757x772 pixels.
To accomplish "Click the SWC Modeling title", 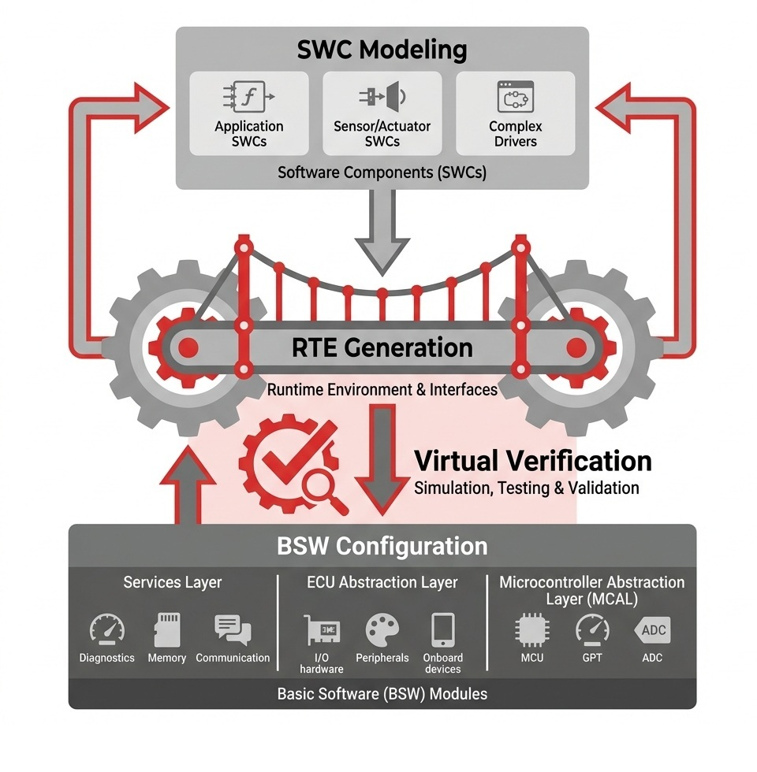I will [382, 50].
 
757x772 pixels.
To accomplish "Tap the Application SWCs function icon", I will [248, 97].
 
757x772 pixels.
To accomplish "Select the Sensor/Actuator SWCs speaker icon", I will [382, 97].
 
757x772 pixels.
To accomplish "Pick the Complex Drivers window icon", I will [516, 97].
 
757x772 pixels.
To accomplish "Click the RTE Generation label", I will [382, 347].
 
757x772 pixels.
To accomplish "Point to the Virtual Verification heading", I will [533, 461].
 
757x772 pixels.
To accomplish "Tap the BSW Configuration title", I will [382, 546].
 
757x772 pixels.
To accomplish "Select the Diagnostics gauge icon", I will [106, 629].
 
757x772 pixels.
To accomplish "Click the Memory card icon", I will [166, 629].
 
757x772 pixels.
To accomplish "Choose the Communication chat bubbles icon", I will [233, 629].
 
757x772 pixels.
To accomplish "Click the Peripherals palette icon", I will [382, 630].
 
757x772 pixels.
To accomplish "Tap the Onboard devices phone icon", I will [442, 630].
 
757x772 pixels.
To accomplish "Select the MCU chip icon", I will [532, 630].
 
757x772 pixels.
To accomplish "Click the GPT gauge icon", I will [592, 629].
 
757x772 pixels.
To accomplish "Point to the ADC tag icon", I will [652, 630].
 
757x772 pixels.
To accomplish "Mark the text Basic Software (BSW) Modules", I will [382, 694].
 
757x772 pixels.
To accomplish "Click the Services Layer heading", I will [173, 583].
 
